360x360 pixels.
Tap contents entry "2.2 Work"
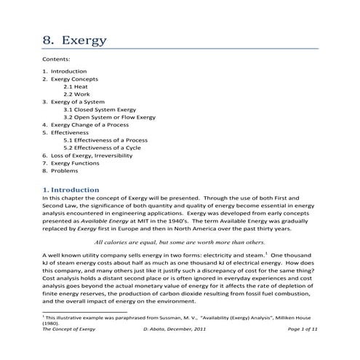point(76,95)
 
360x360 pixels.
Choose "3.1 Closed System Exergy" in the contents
point(100,109)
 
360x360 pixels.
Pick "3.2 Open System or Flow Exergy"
point(109,117)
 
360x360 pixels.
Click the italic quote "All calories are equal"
point(180,241)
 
